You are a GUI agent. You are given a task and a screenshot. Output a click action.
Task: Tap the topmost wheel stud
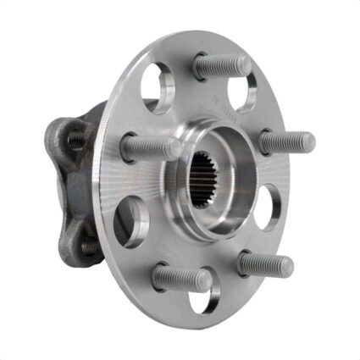pos(222,65)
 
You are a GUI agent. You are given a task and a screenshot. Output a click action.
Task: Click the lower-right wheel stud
pos(264,264)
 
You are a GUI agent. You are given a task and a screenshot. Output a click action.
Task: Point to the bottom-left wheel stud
pos(181,277)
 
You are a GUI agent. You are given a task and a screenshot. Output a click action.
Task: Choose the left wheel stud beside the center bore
pos(150,147)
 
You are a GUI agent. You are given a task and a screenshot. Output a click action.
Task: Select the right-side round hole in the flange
pos(267,206)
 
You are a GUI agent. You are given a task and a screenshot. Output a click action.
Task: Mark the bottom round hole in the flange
pos(205,297)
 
